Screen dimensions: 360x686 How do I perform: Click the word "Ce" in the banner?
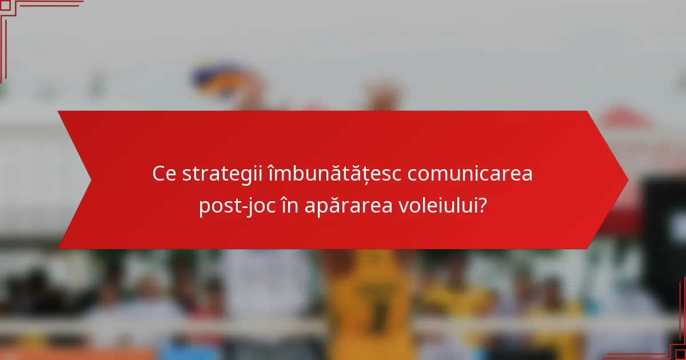pyautogui.click(x=164, y=174)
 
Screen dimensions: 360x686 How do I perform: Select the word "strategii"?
pyautogui.click(x=222, y=174)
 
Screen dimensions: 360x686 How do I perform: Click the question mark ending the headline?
pyautogui.click(x=483, y=206)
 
